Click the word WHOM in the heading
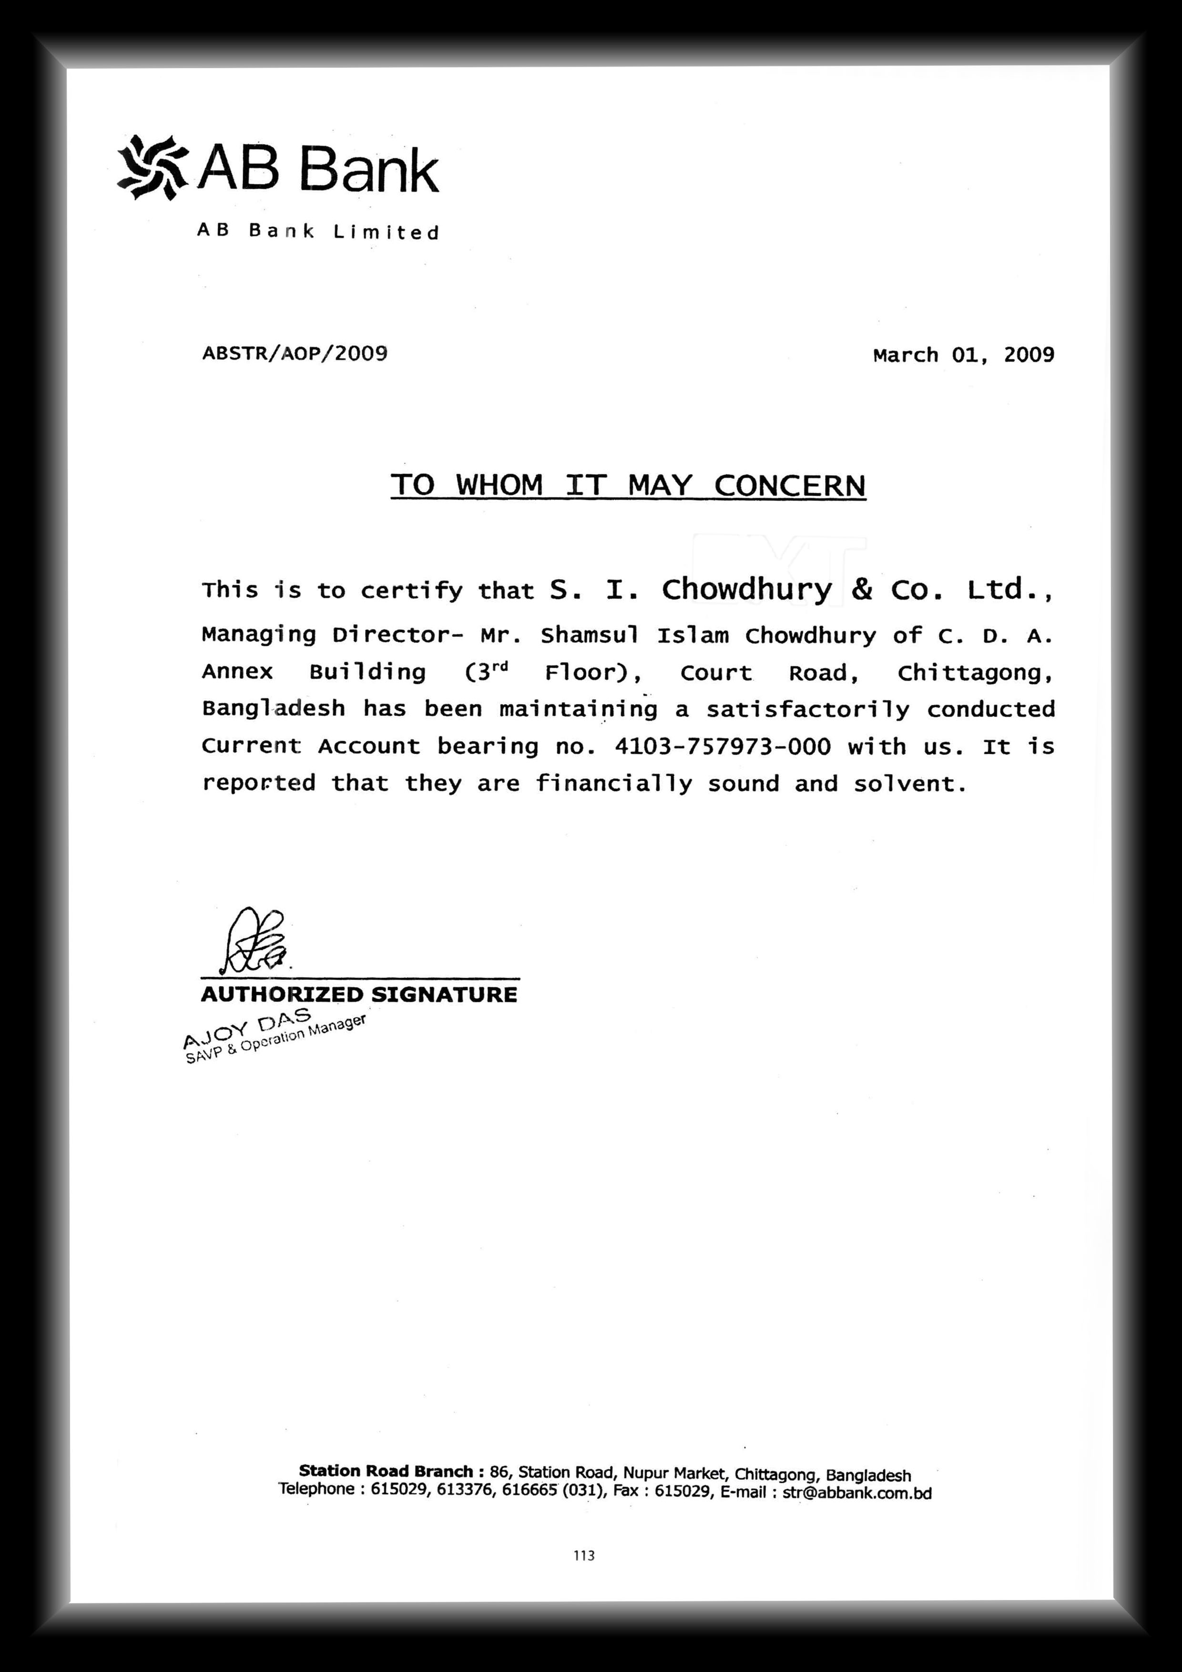tap(499, 485)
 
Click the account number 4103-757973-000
tap(723, 746)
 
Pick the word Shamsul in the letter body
tap(589, 636)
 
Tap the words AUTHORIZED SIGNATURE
tap(359, 995)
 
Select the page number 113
tap(584, 1556)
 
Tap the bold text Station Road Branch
tap(386, 1471)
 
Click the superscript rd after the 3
tap(499, 666)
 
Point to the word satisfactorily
tap(808, 709)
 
